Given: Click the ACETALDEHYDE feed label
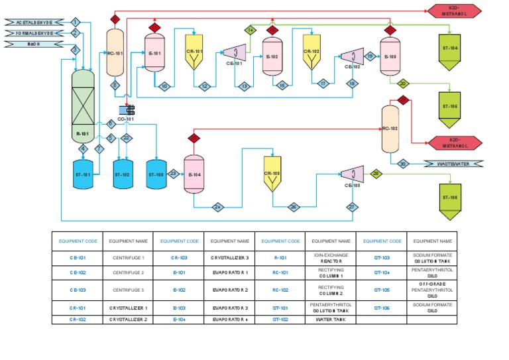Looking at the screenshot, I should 34,22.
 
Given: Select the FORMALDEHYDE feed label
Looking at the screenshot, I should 34,33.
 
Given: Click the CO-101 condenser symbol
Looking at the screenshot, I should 126,110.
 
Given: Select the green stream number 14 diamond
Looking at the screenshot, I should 251,30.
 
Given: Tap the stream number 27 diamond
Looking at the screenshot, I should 352,207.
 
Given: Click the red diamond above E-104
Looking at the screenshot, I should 194,138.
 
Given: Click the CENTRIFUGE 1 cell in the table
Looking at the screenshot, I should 127,256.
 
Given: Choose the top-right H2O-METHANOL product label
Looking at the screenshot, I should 454,10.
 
